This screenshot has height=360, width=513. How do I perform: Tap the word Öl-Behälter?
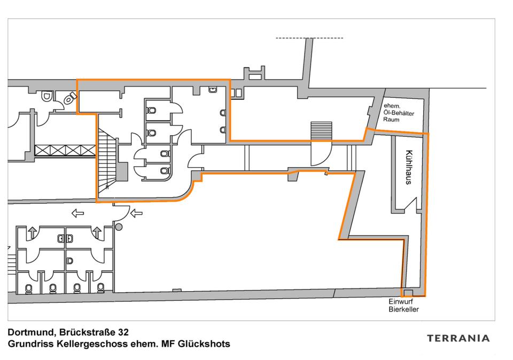point(402,113)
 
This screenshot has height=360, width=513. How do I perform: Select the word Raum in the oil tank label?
point(392,120)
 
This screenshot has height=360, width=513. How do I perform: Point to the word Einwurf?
point(400,302)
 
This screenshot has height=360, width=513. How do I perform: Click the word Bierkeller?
point(403,309)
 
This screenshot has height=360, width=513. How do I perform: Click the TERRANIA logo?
point(458,338)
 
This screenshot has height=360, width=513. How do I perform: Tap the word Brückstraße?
point(85,333)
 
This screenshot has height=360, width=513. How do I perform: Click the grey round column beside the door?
point(119,227)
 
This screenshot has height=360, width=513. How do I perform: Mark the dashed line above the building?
point(309,38)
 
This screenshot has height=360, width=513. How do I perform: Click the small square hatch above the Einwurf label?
point(408,292)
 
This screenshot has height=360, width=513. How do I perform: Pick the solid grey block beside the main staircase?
point(122,171)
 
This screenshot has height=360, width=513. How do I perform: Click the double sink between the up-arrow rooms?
point(65,238)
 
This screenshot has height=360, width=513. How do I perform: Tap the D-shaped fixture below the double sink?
point(69,261)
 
